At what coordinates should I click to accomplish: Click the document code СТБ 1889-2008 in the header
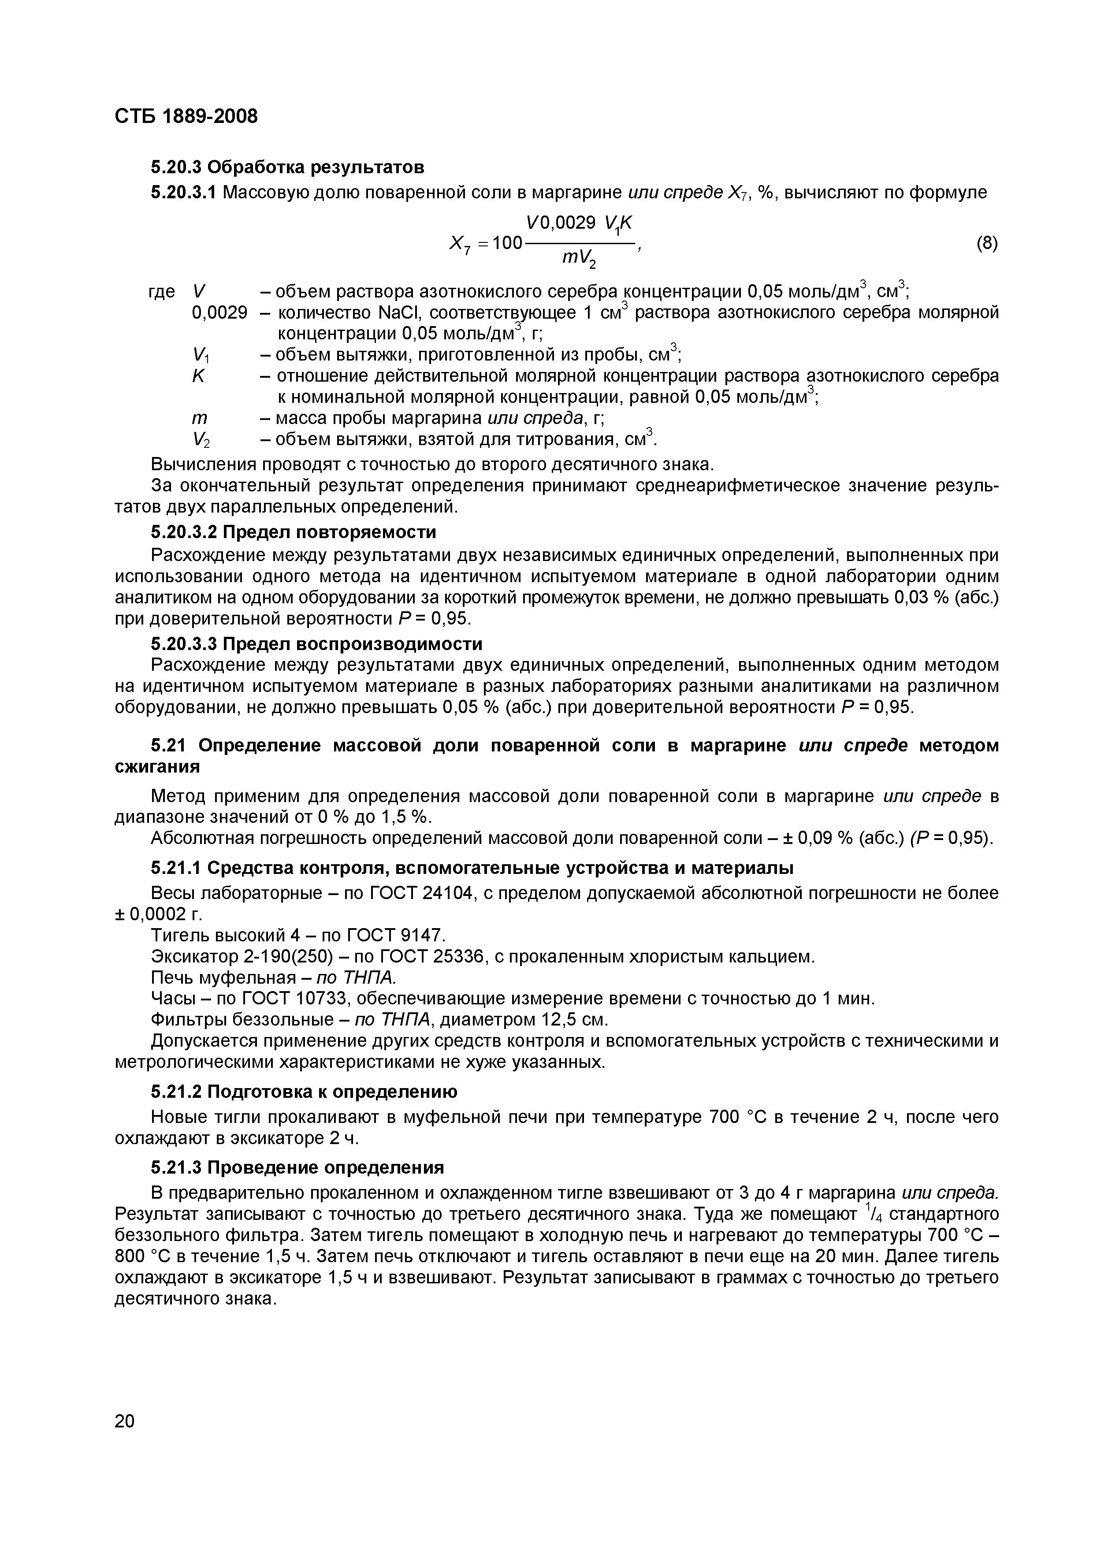coord(186,116)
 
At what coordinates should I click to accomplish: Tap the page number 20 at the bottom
coord(125,1421)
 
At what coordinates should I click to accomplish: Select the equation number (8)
coord(987,243)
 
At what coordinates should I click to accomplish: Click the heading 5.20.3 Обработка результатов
coord(287,166)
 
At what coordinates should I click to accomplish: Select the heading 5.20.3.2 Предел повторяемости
coord(293,532)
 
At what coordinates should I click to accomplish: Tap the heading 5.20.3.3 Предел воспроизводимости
coord(316,644)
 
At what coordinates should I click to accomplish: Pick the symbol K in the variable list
coord(198,376)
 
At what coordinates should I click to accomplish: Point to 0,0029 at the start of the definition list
coord(219,312)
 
